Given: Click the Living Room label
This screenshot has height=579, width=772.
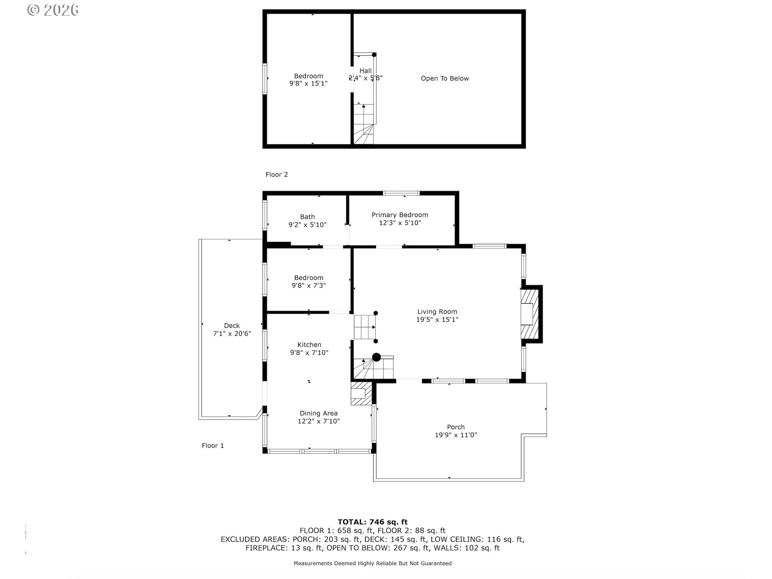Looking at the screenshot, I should (x=437, y=312).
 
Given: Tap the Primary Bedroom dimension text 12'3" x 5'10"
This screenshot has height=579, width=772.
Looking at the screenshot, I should (x=400, y=223).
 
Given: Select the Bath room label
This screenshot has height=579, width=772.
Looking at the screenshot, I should (x=307, y=217).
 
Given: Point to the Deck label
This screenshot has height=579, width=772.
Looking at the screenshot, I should (x=232, y=326).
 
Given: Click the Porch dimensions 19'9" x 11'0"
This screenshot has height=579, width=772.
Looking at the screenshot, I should (x=456, y=435).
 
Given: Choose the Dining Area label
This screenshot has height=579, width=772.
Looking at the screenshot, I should (x=318, y=413).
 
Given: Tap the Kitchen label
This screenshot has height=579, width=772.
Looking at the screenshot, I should (x=309, y=345).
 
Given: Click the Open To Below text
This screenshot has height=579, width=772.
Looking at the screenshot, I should (x=445, y=78).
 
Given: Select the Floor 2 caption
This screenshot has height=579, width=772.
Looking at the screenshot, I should (x=277, y=175).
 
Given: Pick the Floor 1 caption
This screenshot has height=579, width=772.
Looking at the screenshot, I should (x=213, y=446).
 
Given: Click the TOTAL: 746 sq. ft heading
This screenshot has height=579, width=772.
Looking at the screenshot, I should (x=372, y=522).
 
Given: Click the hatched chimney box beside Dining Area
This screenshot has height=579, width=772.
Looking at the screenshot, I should (x=360, y=393).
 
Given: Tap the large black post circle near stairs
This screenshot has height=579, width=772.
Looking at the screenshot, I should (x=376, y=357).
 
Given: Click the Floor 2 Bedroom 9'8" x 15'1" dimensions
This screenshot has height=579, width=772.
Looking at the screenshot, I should (x=308, y=84).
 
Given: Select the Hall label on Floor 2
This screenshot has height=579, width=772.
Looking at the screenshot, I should (x=365, y=71).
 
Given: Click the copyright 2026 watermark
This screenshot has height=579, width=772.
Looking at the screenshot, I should (x=53, y=10).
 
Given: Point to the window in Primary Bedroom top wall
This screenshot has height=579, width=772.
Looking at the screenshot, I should (x=401, y=193).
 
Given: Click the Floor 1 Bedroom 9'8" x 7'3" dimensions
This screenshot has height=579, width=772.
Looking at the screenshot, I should (x=308, y=285).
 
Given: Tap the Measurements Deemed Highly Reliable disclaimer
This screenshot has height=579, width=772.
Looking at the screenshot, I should (x=372, y=563).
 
